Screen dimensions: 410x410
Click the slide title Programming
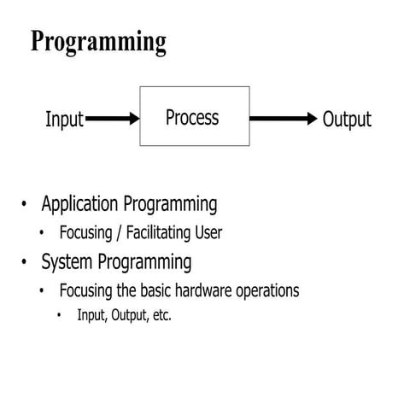[98, 41]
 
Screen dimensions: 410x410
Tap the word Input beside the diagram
[64, 120]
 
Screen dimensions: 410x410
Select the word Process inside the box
[192, 117]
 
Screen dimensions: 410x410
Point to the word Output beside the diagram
[347, 120]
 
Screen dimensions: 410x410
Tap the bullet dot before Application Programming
[25, 205]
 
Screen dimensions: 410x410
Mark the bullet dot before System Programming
[25, 261]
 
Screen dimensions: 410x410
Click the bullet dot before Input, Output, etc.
[60, 315]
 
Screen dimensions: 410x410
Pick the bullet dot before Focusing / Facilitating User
[42, 232]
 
